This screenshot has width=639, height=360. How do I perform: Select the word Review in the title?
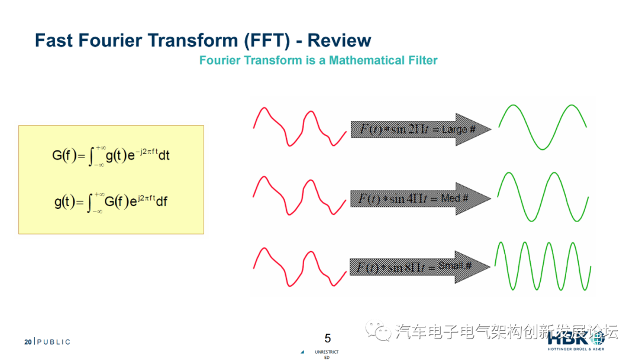pyautogui.click(x=339, y=40)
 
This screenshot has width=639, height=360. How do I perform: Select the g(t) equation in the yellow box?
pyautogui.click(x=111, y=202)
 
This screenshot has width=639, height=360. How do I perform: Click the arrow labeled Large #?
pyautogui.click(x=421, y=129)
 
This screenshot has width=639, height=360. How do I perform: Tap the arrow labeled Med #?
pyautogui.click(x=421, y=198)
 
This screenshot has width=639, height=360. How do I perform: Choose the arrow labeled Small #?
pyautogui.click(x=421, y=267)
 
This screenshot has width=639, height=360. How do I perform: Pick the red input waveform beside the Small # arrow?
pyautogui.click(x=299, y=266)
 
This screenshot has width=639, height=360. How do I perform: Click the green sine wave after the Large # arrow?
pyautogui.click(x=543, y=127)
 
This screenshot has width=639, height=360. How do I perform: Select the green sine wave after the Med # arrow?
pyautogui.click(x=543, y=196)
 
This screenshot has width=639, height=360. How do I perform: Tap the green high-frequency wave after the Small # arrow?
pyautogui.click(x=543, y=266)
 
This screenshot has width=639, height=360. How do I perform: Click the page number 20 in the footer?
pyautogui.click(x=27, y=342)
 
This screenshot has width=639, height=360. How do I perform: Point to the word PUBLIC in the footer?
pyautogui.click(x=54, y=342)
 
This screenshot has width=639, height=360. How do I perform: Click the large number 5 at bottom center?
pyautogui.click(x=328, y=338)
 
